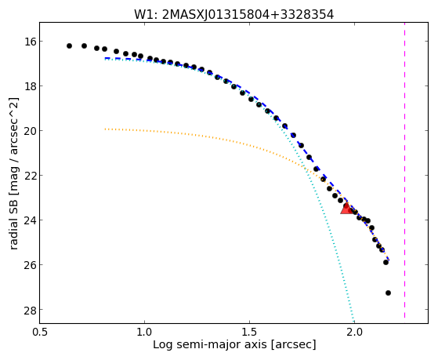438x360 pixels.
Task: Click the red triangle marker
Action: coord(346,209)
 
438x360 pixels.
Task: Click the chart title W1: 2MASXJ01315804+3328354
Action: coord(233,14)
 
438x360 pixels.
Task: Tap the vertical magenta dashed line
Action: coord(404,170)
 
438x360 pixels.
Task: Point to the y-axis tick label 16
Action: coord(31,42)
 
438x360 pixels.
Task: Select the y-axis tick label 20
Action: coord(31,131)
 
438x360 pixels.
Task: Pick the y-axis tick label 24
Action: coord(31,220)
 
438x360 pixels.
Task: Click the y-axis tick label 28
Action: coord(31,309)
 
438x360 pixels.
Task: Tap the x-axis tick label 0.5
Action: coord(40,333)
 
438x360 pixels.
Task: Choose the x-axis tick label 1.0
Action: coord(144,333)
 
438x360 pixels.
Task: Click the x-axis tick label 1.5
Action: coord(249,333)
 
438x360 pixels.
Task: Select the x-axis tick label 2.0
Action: coord(354,333)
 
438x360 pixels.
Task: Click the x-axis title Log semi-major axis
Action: coord(210,345)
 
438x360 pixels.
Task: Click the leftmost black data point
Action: coord(69,45)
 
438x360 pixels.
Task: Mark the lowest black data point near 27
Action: coord(388,293)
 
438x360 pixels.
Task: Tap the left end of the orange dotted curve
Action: coord(105,129)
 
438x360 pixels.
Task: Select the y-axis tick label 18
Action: coord(31,85)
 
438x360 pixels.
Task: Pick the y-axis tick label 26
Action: coord(31,264)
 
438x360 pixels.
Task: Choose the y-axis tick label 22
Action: coord(31,176)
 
